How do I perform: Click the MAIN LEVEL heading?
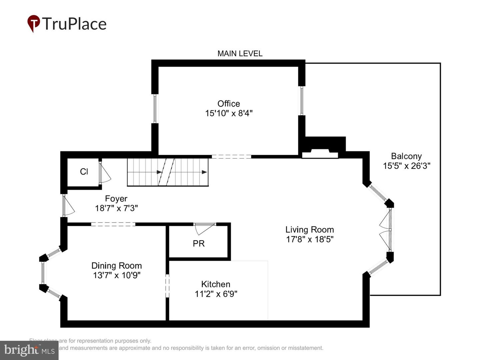coord(240,54)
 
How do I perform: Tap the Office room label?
coord(229,104)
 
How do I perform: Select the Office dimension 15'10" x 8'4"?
coord(229,113)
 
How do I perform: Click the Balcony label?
coord(406,156)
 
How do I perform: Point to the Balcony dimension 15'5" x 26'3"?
coord(406,166)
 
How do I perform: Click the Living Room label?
coord(309,230)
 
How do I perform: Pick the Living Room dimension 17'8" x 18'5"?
coord(309,239)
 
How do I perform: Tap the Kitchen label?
coord(216,284)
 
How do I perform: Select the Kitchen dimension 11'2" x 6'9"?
coord(216,294)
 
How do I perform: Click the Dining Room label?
coord(116,266)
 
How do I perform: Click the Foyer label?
coord(116,199)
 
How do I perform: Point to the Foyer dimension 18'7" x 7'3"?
coord(116,208)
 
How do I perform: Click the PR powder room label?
coord(199,244)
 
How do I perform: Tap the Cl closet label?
coord(84,172)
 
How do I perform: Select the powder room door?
coord(204,228)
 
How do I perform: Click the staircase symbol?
coord(168,172)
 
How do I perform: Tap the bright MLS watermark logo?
coord(29,350)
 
